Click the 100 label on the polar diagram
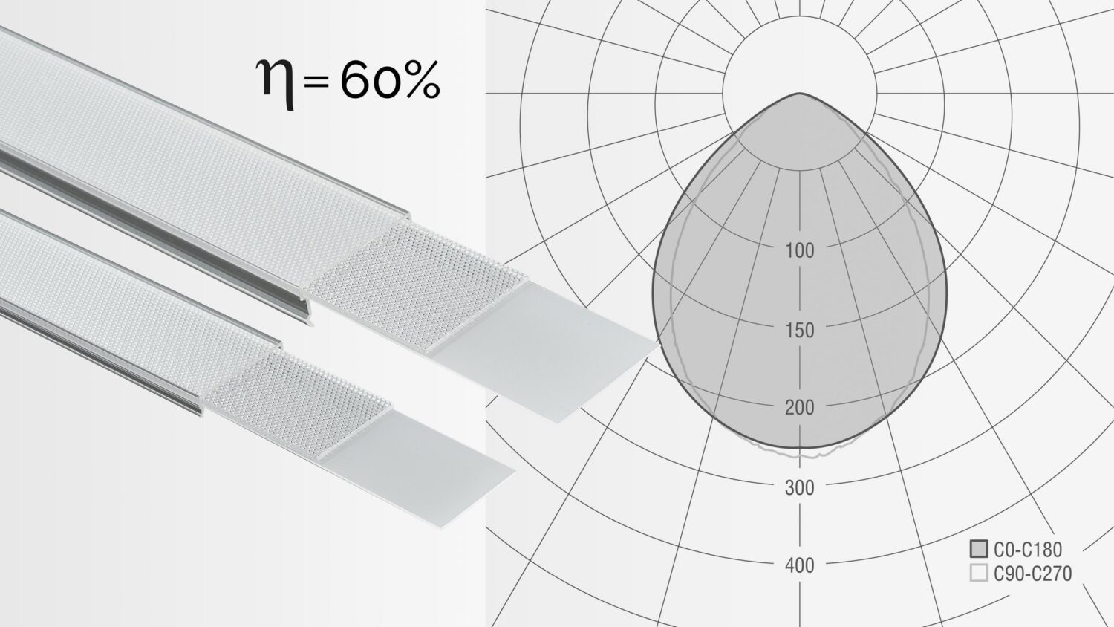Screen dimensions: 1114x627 (x=800, y=250)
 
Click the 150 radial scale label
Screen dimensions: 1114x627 (x=800, y=331)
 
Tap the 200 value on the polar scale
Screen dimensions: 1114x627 (x=800, y=408)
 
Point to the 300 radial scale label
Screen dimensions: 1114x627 (x=800, y=487)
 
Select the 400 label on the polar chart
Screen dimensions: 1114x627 (x=800, y=566)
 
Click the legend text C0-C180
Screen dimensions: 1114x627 (x=1028, y=550)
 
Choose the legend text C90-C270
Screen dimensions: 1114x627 (x=1032, y=574)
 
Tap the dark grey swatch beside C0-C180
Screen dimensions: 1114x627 (x=979, y=549)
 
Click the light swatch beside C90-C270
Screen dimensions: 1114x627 (x=979, y=574)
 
